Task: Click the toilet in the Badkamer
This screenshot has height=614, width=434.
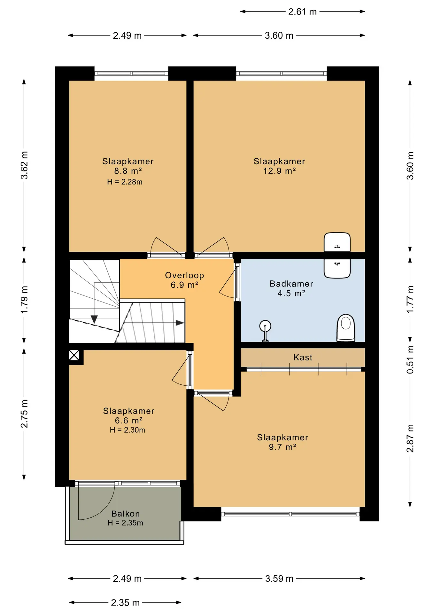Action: pyautogui.click(x=346, y=328)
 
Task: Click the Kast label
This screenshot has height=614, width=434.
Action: pyautogui.click(x=303, y=357)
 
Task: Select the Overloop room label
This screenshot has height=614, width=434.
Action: pyautogui.click(x=184, y=275)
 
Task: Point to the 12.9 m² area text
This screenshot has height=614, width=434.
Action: pyautogui.click(x=279, y=171)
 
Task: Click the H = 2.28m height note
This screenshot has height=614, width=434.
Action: pyautogui.click(x=125, y=182)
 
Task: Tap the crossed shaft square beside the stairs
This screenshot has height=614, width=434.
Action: pyautogui.click(x=74, y=355)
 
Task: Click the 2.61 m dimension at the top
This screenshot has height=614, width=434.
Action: pyautogui.click(x=302, y=12)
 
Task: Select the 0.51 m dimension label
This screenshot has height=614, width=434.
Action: pyautogui.click(x=410, y=359)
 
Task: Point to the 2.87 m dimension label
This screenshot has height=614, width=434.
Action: pyautogui.click(x=410, y=438)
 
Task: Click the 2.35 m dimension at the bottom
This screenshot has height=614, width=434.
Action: pyautogui.click(x=125, y=602)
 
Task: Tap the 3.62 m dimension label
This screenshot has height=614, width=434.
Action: pyautogui.click(x=24, y=165)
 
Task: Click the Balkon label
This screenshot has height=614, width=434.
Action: pyautogui.click(x=126, y=514)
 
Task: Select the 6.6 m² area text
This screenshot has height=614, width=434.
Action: pyautogui.click(x=129, y=420)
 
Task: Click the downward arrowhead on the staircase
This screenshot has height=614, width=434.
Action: pyautogui.click(x=94, y=319)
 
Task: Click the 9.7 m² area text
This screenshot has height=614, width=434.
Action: pyautogui.click(x=283, y=447)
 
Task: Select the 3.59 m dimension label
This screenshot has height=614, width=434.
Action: pyautogui.click(x=279, y=579)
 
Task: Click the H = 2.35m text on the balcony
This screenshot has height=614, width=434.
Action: pyautogui.click(x=125, y=523)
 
